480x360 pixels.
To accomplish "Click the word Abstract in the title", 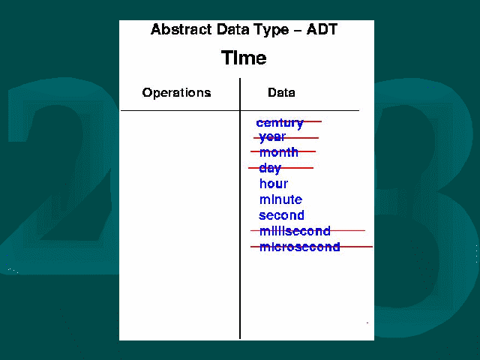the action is coord(181,29).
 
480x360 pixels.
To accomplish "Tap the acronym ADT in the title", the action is coord(322,29).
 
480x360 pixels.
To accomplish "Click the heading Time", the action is coord(244,58).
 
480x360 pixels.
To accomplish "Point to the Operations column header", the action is coord(177,92).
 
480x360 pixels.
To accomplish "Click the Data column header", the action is coord(281,92).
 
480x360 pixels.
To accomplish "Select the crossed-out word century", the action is coord(280,123).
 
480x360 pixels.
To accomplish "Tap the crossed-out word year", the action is coord(272,137).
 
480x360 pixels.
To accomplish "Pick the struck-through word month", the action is coord(278,152).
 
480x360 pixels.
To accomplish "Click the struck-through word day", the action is coord(270,168).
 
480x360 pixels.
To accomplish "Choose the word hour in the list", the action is coord(274,184).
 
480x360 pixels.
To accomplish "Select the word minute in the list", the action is coord(280,199).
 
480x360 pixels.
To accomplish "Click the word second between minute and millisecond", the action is coord(282,215).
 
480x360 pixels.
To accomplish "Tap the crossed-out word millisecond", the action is coord(295,231).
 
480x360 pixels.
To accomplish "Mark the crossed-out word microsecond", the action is coord(300,247).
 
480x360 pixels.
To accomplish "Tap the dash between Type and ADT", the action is coord(298,30).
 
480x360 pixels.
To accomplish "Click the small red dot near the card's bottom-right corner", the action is coord(367,322).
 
